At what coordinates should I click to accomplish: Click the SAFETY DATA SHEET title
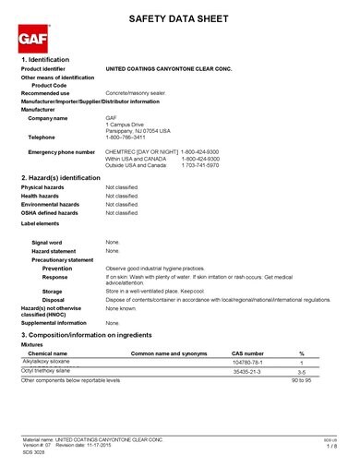click(x=179, y=18)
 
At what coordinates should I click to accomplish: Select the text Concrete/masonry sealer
click(x=137, y=93)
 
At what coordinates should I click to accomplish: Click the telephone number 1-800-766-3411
click(x=126, y=136)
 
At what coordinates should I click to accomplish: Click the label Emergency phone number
click(x=61, y=150)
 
